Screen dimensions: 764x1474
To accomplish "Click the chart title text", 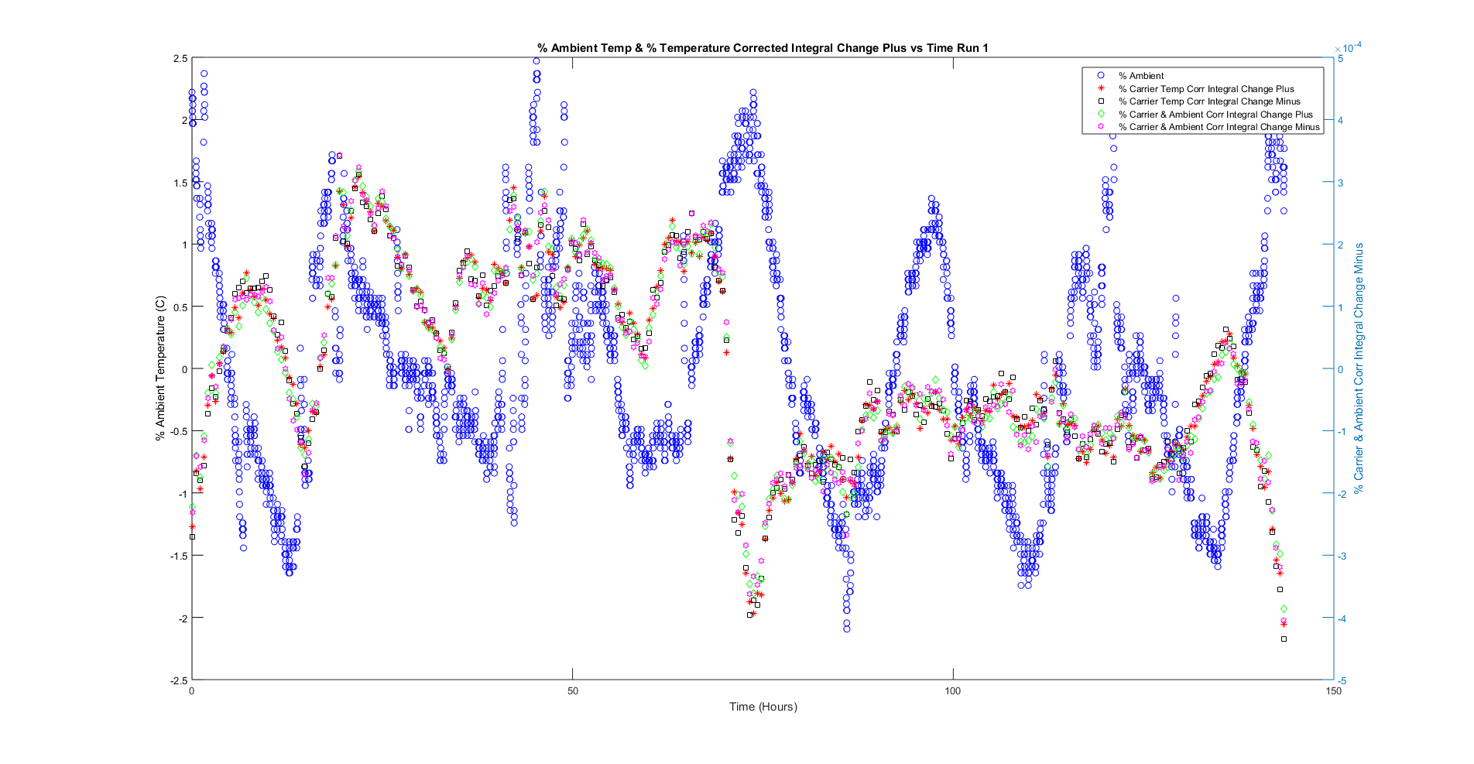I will coord(763,48).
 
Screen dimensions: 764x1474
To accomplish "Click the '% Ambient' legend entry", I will coord(1140,76).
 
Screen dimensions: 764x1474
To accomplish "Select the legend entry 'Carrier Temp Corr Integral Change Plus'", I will coord(1205,89).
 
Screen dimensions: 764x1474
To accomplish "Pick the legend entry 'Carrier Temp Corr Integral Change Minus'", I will coord(1208,101).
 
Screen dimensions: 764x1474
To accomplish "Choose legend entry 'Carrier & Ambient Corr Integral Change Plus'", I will coord(1215,115).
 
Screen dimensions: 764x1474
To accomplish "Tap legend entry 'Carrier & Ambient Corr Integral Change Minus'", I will coord(1219,127).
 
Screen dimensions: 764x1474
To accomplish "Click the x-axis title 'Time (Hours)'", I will coord(763,706).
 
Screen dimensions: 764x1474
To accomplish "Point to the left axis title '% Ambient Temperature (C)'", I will coord(160,368).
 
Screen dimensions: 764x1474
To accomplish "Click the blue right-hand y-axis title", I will coord(1359,368).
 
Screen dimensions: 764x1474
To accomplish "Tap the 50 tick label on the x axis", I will coord(573,691).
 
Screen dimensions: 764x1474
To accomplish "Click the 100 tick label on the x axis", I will coord(953,691).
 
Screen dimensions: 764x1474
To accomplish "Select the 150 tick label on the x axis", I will coord(1333,691).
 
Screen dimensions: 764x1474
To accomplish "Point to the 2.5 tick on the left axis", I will coord(180,59).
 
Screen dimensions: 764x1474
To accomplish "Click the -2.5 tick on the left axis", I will coord(178,680).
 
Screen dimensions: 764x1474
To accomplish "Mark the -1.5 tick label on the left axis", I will coord(178,556).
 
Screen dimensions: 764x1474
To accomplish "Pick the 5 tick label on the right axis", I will coord(1341,59).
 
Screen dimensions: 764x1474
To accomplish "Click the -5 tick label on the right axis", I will coord(1342,680).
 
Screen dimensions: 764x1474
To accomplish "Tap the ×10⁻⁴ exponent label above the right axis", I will coord(1348,48).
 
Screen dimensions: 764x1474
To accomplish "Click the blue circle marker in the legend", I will coord(1100,76).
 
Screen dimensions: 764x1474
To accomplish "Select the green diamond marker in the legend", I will coord(1100,115).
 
